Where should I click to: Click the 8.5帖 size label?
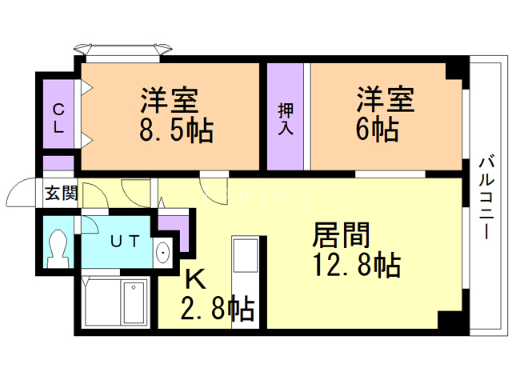(176, 130)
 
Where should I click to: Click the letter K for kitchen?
(195, 279)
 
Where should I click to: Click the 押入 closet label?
(285, 118)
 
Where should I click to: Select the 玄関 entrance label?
(59, 194)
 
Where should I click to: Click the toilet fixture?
(58, 248)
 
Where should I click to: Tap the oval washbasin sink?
(163, 253)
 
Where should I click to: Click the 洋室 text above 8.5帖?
(170, 102)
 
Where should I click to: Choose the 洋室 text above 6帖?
(385, 101)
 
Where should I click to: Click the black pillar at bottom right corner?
(449, 323)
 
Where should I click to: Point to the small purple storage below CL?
(58, 164)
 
